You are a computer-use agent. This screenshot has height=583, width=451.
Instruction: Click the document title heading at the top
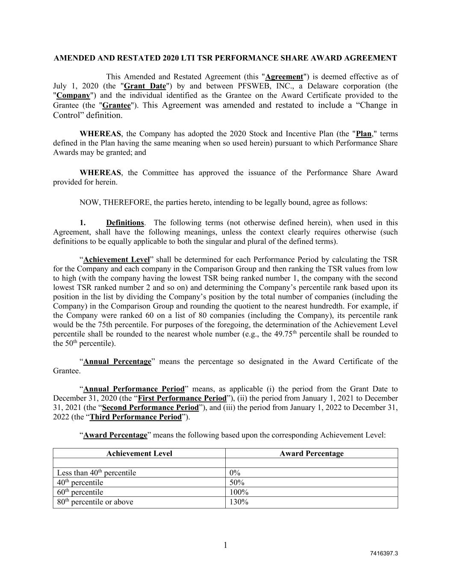[x=225, y=58]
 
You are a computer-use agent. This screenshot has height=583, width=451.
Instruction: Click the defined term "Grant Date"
[x=144, y=86]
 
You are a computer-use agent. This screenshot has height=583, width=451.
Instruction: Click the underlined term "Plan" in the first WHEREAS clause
[x=364, y=134]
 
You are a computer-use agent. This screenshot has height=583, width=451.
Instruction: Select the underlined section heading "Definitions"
[x=125, y=223]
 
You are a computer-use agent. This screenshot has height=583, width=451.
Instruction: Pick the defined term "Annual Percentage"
[x=117, y=362]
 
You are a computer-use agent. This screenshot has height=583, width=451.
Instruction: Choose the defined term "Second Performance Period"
[x=150, y=407]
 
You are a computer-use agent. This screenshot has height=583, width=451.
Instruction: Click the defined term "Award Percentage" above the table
[x=115, y=435]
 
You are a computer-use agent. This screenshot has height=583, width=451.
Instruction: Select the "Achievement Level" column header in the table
[x=139, y=454]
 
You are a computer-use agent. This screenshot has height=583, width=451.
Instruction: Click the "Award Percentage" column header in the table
[x=311, y=454]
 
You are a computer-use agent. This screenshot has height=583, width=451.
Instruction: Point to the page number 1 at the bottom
[x=225, y=545]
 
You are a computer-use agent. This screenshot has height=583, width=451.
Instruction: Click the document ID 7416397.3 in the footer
[x=384, y=554]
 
